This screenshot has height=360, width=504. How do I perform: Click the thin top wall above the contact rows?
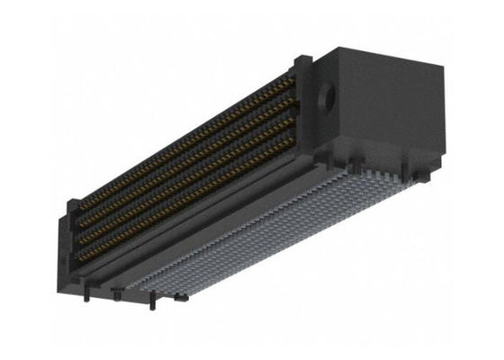[180, 126]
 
